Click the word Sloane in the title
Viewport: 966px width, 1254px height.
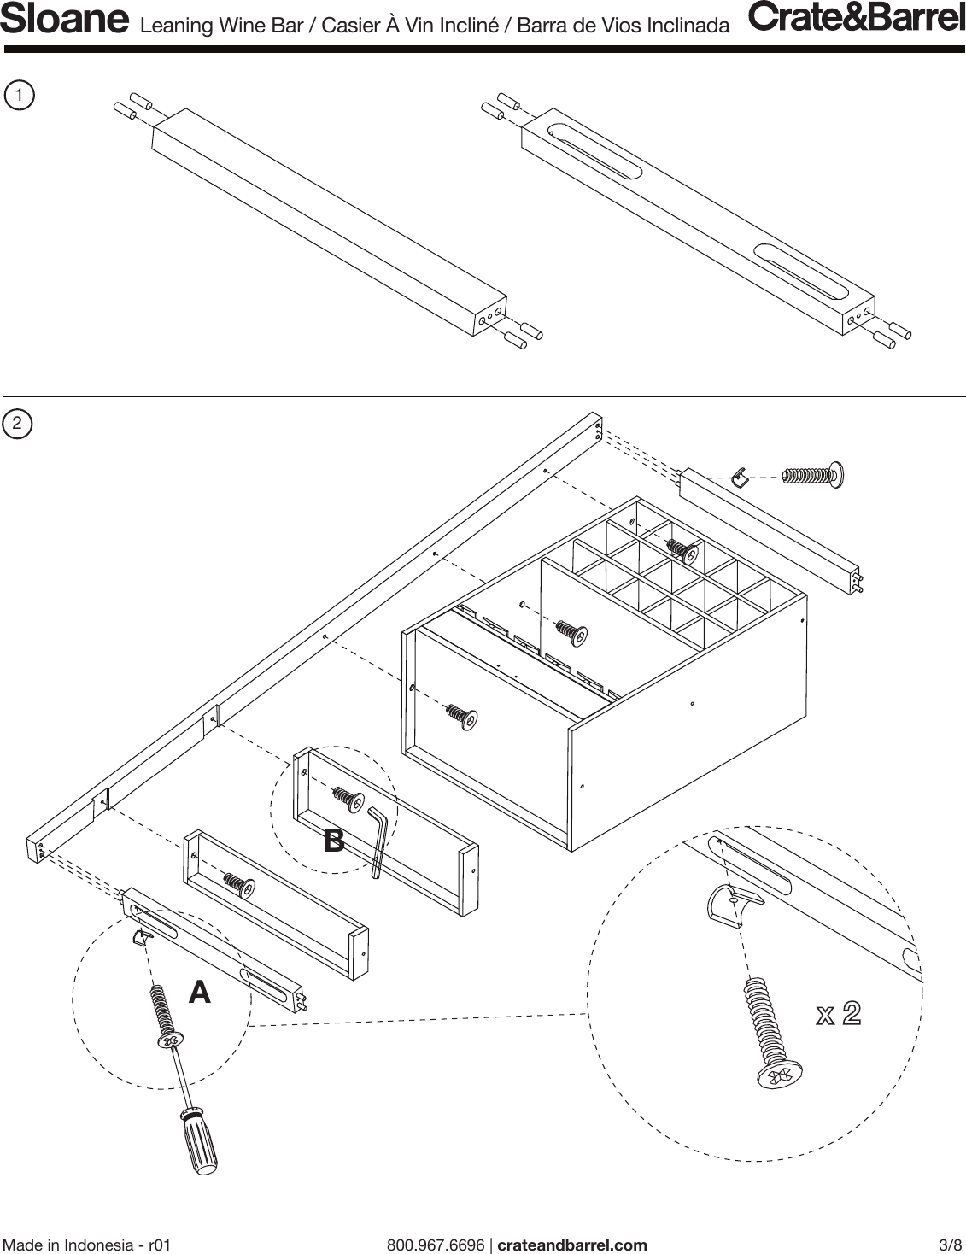(65, 21)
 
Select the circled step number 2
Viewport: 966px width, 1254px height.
(18, 424)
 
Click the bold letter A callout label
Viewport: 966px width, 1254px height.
(199, 993)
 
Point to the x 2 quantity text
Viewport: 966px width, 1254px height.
(838, 1014)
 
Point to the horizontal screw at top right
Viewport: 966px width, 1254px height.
(813, 474)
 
